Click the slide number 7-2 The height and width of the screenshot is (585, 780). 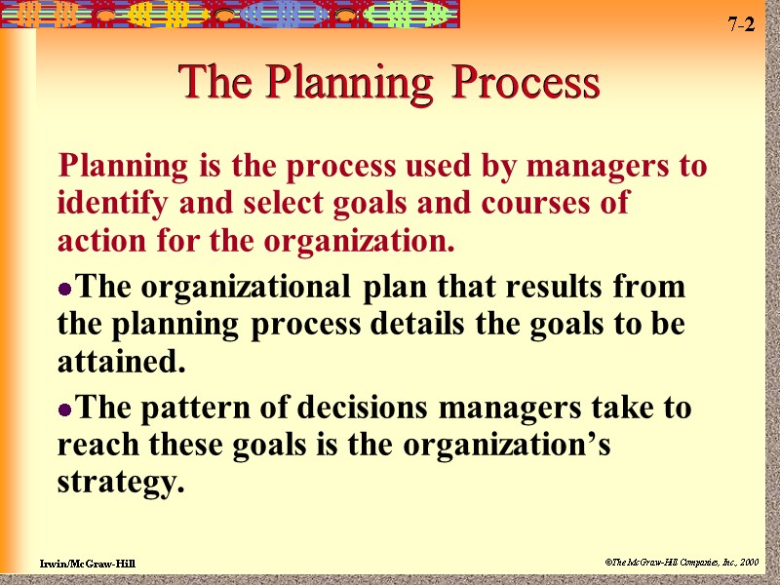741,25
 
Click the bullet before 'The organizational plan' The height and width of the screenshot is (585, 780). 65,290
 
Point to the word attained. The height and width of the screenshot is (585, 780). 121,363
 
